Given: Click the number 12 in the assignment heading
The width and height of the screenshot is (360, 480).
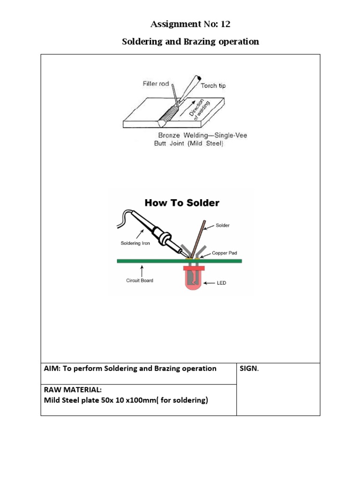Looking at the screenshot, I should [225, 24].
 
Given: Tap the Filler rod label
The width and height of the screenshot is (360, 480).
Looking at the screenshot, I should [156, 84].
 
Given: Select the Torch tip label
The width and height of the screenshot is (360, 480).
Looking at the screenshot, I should [213, 86].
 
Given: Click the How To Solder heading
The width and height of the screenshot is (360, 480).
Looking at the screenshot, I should [182, 203].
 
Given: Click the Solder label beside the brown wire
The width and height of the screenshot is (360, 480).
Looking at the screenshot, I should [223, 225].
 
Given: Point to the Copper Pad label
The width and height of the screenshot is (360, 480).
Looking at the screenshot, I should [225, 253].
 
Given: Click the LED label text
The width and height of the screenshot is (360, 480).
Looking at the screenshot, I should [221, 283].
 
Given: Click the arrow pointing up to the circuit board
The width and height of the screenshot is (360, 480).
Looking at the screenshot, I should [142, 270].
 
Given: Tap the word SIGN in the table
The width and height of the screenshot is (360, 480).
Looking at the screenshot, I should [248, 368].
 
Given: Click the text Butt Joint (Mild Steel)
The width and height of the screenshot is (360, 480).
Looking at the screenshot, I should [189, 144].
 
